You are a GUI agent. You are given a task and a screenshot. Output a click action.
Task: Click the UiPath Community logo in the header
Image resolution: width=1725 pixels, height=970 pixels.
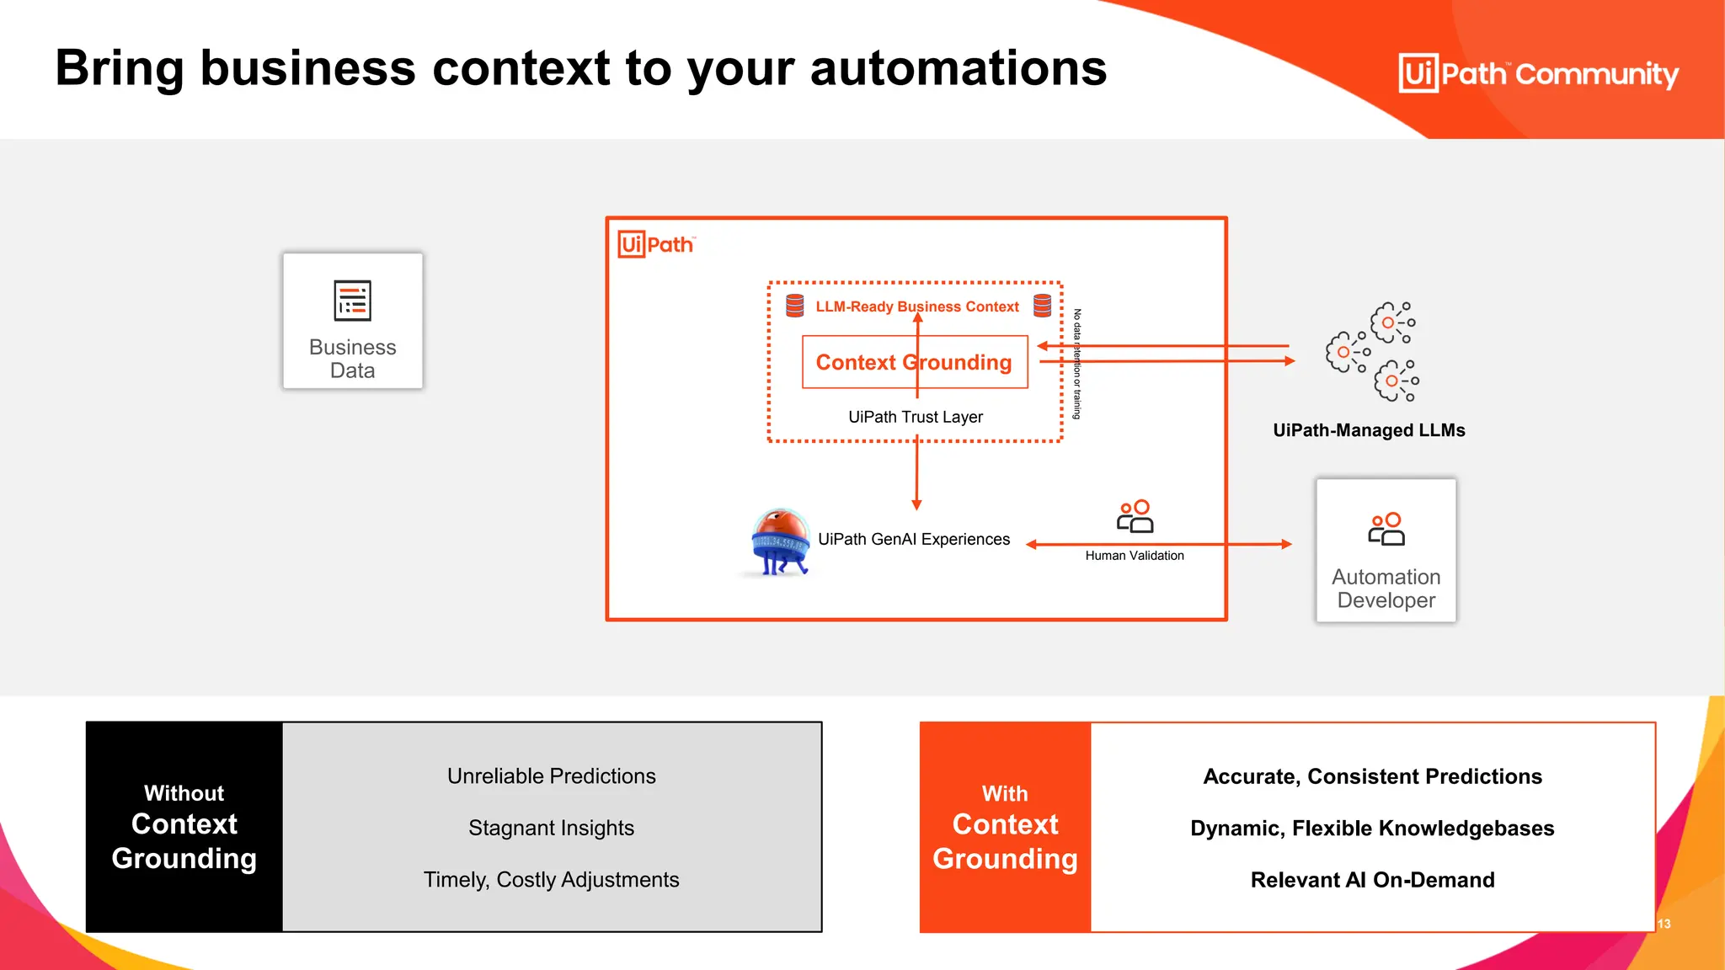(1538, 73)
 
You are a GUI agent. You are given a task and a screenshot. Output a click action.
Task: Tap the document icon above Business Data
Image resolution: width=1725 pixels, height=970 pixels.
(352, 301)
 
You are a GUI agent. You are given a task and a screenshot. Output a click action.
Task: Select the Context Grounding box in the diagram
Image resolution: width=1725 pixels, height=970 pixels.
(915, 362)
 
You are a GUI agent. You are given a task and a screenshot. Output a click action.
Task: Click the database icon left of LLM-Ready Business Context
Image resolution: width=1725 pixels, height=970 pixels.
(794, 306)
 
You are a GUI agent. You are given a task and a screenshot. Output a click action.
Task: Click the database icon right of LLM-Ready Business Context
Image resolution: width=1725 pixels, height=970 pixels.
(1042, 306)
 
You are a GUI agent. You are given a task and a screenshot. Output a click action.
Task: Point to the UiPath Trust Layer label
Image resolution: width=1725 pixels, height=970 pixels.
(915, 417)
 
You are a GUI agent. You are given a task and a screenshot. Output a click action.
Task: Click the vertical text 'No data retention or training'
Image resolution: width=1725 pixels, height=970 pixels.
(1076, 364)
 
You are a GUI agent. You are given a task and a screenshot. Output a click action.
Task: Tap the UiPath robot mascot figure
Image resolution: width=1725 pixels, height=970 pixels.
(780, 541)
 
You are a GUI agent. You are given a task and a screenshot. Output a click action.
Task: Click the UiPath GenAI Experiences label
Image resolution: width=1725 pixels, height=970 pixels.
(914, 539)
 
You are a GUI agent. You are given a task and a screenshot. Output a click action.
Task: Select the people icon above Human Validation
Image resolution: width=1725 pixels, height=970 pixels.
(1135, 516)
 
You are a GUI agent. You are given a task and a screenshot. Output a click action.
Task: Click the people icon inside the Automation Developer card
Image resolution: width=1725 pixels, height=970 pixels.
(1386, 529)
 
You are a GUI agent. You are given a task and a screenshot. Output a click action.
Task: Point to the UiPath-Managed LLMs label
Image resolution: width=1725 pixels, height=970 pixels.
(1369, 430)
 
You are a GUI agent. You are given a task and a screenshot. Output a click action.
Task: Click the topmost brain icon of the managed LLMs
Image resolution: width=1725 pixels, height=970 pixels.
(1392, 322)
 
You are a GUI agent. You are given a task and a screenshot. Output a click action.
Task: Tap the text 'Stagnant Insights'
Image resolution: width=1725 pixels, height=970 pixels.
(551, 828)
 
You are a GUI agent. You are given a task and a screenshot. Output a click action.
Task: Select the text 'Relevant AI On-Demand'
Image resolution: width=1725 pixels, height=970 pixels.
(1372, 880)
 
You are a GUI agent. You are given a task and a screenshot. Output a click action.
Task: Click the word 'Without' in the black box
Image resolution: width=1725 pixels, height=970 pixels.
(184, 793)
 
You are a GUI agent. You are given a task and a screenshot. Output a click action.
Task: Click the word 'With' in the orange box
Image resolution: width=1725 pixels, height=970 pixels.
(1005, 794)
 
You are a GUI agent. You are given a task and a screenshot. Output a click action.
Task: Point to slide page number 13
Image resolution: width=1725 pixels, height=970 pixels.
(1664, 924)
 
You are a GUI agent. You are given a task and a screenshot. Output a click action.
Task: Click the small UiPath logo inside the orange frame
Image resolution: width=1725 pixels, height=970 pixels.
(656, 244)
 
